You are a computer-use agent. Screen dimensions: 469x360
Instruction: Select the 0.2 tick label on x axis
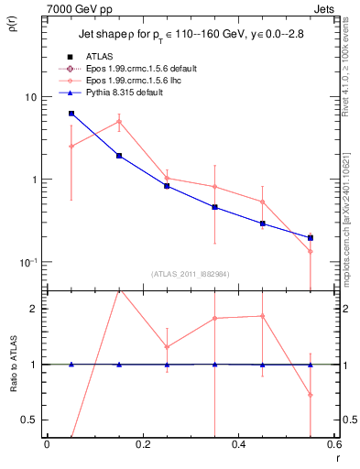[142, 444]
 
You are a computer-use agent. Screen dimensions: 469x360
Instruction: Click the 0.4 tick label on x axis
[238, 444]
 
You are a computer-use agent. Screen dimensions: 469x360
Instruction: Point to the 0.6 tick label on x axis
[333, 444]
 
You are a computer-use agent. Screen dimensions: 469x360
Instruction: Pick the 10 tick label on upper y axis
[30, 97]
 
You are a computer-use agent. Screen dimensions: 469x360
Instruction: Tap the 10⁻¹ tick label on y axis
[27, 261]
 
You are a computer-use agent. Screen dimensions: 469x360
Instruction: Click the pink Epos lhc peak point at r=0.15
[119, 121]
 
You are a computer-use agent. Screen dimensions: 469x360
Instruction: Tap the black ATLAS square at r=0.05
[71, 114]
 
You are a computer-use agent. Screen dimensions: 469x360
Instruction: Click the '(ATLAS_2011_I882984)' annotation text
[189, 274]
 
